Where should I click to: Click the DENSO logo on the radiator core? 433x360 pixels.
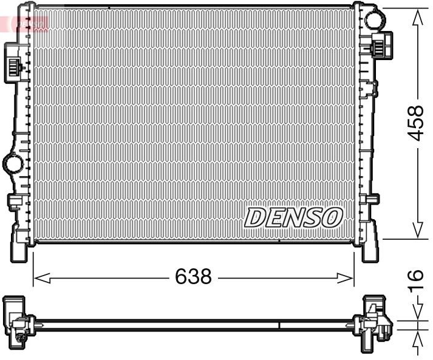294,217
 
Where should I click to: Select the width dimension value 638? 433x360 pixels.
193,277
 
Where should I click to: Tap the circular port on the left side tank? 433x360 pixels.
12,163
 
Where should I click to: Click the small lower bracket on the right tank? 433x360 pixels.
372,199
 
